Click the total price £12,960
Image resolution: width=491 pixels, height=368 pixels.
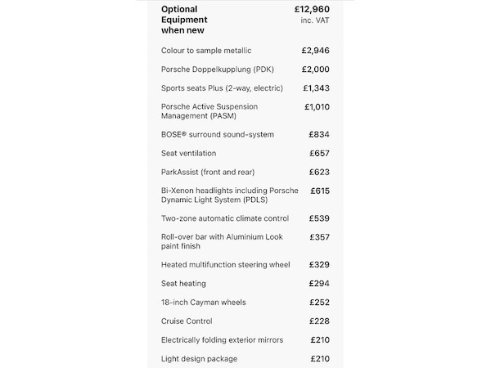coord(312,9)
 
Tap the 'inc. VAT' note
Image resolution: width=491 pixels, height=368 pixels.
coord(314,20)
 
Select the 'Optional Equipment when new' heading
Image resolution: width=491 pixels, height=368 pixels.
coord(184,20)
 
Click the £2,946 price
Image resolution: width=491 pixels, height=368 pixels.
coord(315,50)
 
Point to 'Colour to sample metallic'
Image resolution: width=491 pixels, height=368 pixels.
coord(206,51)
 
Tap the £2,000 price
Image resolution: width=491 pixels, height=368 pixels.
coord(315,70)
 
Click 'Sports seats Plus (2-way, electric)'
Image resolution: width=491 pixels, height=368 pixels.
coord(223,88)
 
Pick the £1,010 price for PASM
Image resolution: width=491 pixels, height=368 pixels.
coord(317,106)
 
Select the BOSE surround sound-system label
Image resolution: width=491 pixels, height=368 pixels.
coord(218,134)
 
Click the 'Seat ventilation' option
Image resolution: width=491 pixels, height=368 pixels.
coord(189,153)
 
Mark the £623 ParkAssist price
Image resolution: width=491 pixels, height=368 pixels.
coord(319,172)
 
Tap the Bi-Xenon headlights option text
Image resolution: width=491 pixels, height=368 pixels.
coord(230,195)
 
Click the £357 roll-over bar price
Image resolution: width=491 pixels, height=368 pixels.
coord(319,237)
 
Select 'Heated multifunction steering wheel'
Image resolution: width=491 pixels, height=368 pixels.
coord(226,265)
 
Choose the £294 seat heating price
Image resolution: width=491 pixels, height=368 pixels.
coord(319,284)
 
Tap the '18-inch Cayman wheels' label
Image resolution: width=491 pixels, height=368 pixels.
coord(204,303)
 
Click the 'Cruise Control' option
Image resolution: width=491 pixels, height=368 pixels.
coord(187,321)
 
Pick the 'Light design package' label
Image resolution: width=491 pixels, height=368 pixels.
coord(200,359)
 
